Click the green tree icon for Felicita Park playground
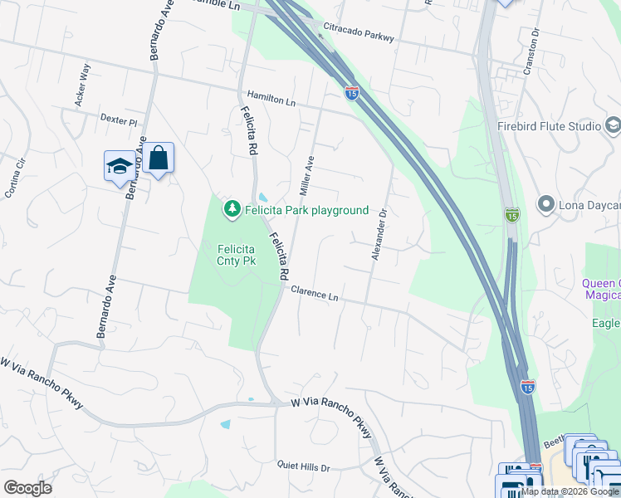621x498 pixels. coord(233,208)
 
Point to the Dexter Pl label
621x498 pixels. coord(118,120)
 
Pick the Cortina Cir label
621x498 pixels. coord(16,178)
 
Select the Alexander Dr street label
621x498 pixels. coord(378,235)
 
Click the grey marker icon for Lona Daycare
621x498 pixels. coord(545,203)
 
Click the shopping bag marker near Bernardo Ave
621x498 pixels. coord(158,158)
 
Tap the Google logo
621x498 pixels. coord(27,488)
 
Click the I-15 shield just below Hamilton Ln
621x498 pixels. coord(352,93)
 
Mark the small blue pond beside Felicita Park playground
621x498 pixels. coord(262,198)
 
